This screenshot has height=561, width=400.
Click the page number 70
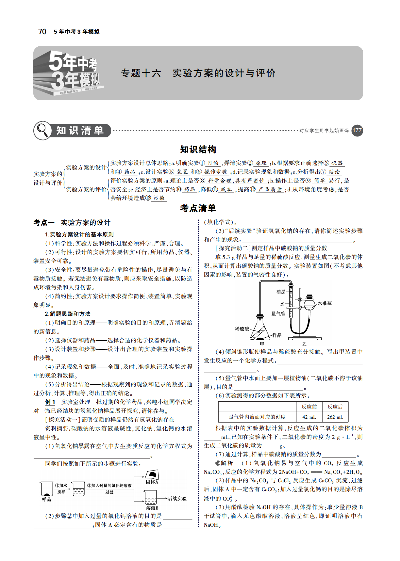(x=42, y=32)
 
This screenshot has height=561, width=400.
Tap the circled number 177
(x=357, y=131)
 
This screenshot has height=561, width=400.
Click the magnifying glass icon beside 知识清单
(x=42, y=131)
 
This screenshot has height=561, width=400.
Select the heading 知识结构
(x=198, y=150)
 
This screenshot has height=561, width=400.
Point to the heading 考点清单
(x=198, y=208)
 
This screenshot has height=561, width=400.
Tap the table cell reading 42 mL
(x=309, y=417)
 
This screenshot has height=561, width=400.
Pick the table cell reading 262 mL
(x=335, y=417)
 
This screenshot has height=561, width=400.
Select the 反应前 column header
(x=309, y=407)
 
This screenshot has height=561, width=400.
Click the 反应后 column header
(x=335, y=407)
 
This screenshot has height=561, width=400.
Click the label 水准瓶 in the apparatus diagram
(x=325, y=303)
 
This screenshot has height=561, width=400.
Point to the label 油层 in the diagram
(x=281, y=292)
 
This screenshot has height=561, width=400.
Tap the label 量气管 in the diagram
(x=278, y=314)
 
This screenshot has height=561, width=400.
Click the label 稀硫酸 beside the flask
(x=242, y=329)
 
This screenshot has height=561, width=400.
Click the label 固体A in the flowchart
(x=152, y=482)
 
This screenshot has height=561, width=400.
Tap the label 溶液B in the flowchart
(x=152, y=508)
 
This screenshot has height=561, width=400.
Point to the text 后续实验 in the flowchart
(x=177, y=499)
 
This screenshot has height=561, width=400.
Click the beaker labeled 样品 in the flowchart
(x=47, y=489)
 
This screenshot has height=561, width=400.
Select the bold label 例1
(x=50, y=402)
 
